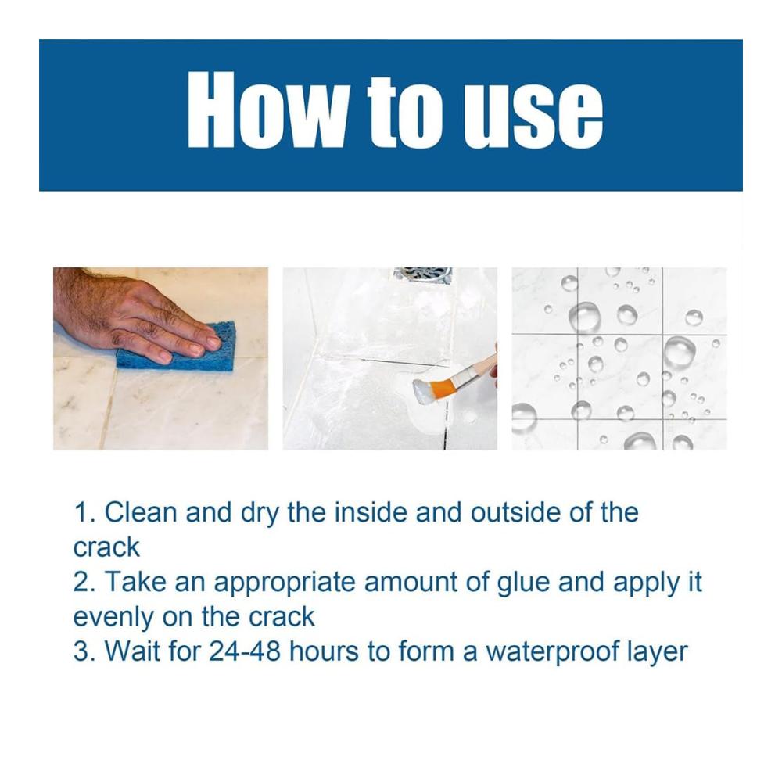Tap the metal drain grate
(x=422, y=275)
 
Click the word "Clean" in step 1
(x=141, y=512)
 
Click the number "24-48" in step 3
(x=245, y=651)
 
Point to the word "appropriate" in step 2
(x=285, y=583)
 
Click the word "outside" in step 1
(x=515, y=512)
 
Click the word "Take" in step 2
(x=135, y=582)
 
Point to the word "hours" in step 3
(x=324, y=651)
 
